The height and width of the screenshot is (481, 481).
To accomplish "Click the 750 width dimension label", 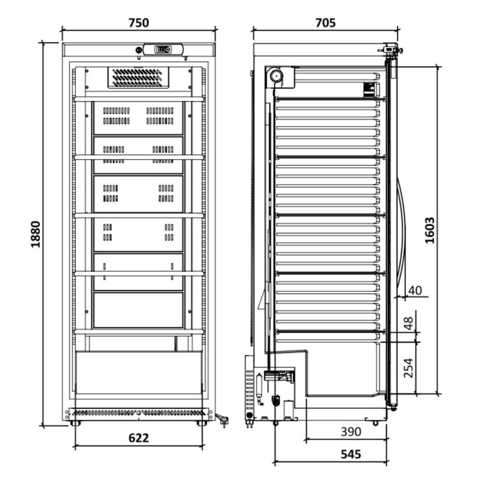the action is click(139, 23).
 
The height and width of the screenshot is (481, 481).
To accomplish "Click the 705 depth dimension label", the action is click(325, 23).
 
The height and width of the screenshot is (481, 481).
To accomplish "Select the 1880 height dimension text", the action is click(36, 234).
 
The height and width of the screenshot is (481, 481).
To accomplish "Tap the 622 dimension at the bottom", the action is click(139, 438).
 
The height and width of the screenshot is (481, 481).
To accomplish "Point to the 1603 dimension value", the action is click(430, 230).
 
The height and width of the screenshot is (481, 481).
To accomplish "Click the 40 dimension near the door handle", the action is click(415, 290).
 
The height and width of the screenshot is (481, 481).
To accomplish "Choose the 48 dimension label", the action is click(408, 323).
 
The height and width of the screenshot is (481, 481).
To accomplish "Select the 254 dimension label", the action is click(408, 368).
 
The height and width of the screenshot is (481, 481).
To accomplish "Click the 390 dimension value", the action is click(351, 432).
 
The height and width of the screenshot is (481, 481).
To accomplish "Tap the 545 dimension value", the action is click(351, 454).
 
